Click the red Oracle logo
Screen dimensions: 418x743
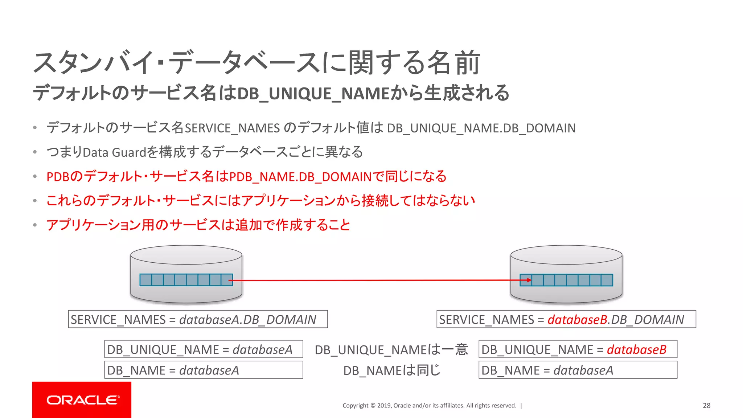coord(82,399)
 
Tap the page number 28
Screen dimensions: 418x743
coord(706,406)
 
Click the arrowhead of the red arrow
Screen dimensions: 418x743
coord(529,280)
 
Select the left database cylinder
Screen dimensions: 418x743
coord(186,274)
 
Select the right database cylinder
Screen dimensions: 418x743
coord(566,274)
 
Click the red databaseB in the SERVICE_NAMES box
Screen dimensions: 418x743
coord(577,320)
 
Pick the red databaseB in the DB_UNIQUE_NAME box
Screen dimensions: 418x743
coord(636,349)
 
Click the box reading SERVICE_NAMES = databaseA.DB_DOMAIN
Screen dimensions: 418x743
coord(198,319)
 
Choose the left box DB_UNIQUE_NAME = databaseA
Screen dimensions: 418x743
coord(204,349)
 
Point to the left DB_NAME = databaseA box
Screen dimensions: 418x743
coord(204,370)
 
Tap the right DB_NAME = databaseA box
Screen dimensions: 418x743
coord(578,370)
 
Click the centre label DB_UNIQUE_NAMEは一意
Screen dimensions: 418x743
coord(391,350)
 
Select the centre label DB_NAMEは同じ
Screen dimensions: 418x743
coord(392,370)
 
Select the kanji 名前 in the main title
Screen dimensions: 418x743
coord(453,63)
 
